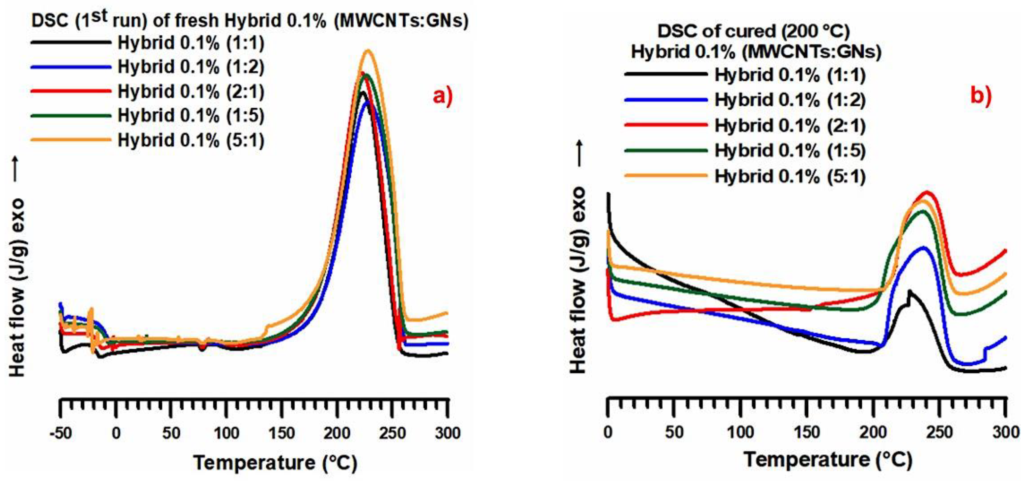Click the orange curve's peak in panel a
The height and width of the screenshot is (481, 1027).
[367, 51]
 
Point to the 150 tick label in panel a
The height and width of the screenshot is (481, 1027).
[282, 433]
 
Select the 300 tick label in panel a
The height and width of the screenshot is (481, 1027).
[448, 433]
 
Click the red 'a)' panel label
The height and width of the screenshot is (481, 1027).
[443, 97]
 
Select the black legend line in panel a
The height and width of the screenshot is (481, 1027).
[71, 42]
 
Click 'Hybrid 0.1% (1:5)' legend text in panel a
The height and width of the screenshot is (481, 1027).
[191, 116]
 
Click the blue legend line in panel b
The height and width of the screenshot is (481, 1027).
[666, 100]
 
